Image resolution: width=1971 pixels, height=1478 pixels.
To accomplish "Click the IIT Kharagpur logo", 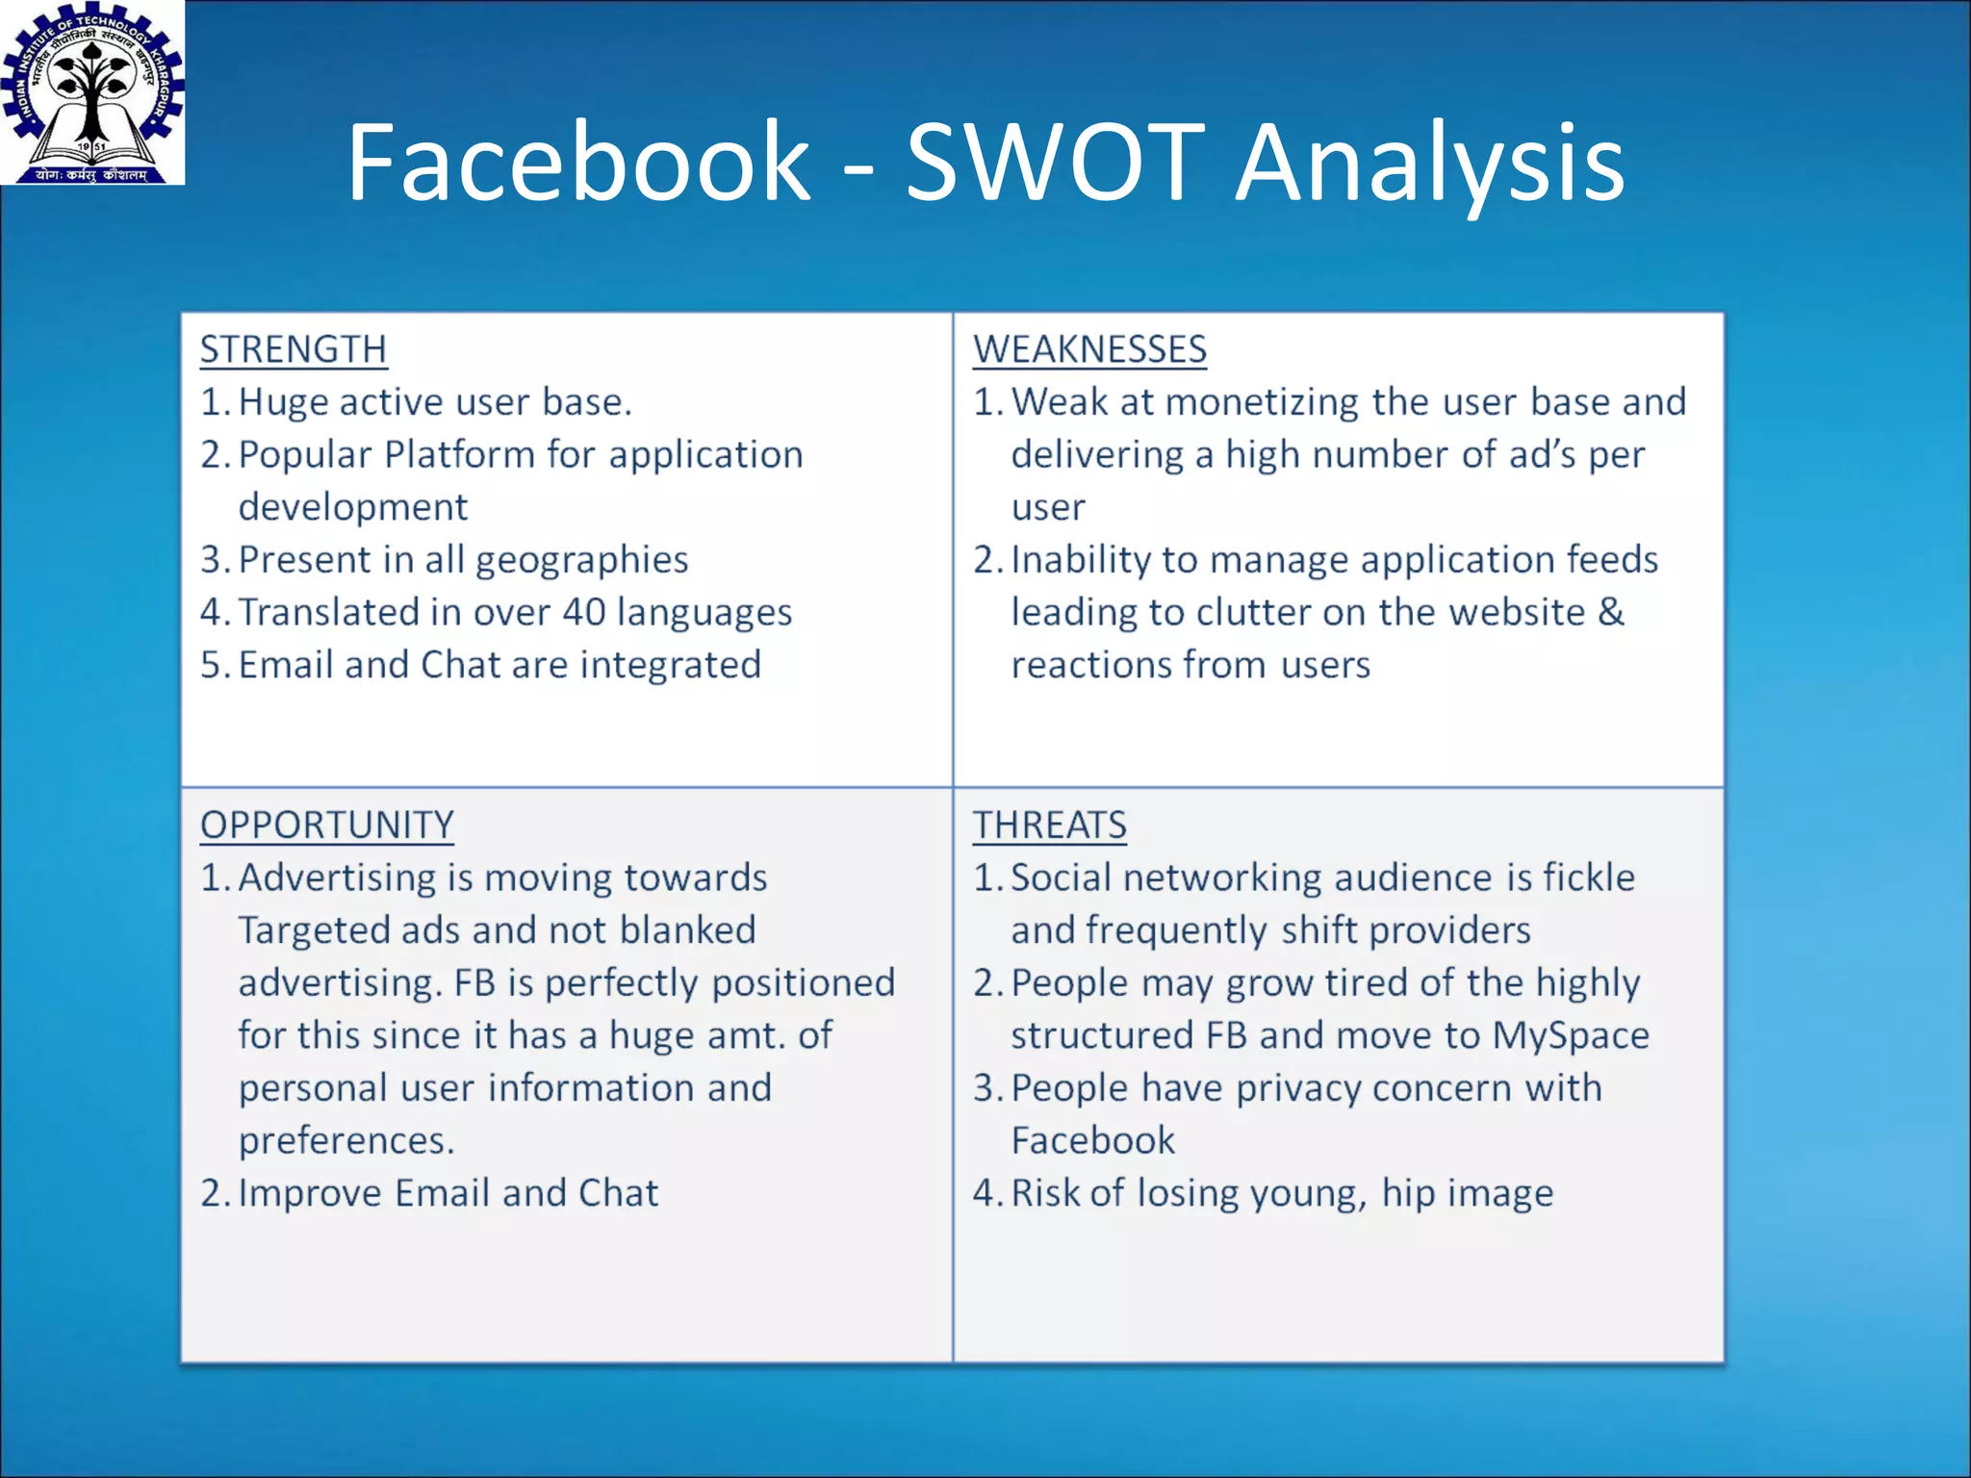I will pyautogui.click(x=92, y=92).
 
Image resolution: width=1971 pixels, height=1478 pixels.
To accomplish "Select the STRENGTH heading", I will pyautogui.click(x=294, y=349).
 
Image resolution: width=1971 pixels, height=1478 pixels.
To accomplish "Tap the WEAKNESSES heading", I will pyautogui.click(x=1089, y=349).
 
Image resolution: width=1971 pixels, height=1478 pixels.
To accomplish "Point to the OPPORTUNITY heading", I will pyautogui.click(x=327, y=826).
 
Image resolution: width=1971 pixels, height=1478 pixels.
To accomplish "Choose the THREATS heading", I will pyautogui.click(x=1049, y=826).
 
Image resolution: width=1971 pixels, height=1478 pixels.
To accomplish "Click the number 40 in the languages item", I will pyautogui.click(x=583, y=612).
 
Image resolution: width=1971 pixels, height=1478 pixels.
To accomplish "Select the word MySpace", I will pyautogui.click(x=1571, y=1035).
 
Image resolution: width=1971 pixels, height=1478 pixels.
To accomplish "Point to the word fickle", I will pyautogui.click(x=1589, y=878).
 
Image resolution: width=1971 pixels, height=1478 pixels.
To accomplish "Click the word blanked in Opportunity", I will pyautogui.click(x=687, y=930).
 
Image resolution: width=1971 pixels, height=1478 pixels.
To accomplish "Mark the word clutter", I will pyautogui.click(x=1253, y=612).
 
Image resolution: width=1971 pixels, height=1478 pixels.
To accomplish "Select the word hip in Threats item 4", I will pyautogui.click(x=1408, y=1194).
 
